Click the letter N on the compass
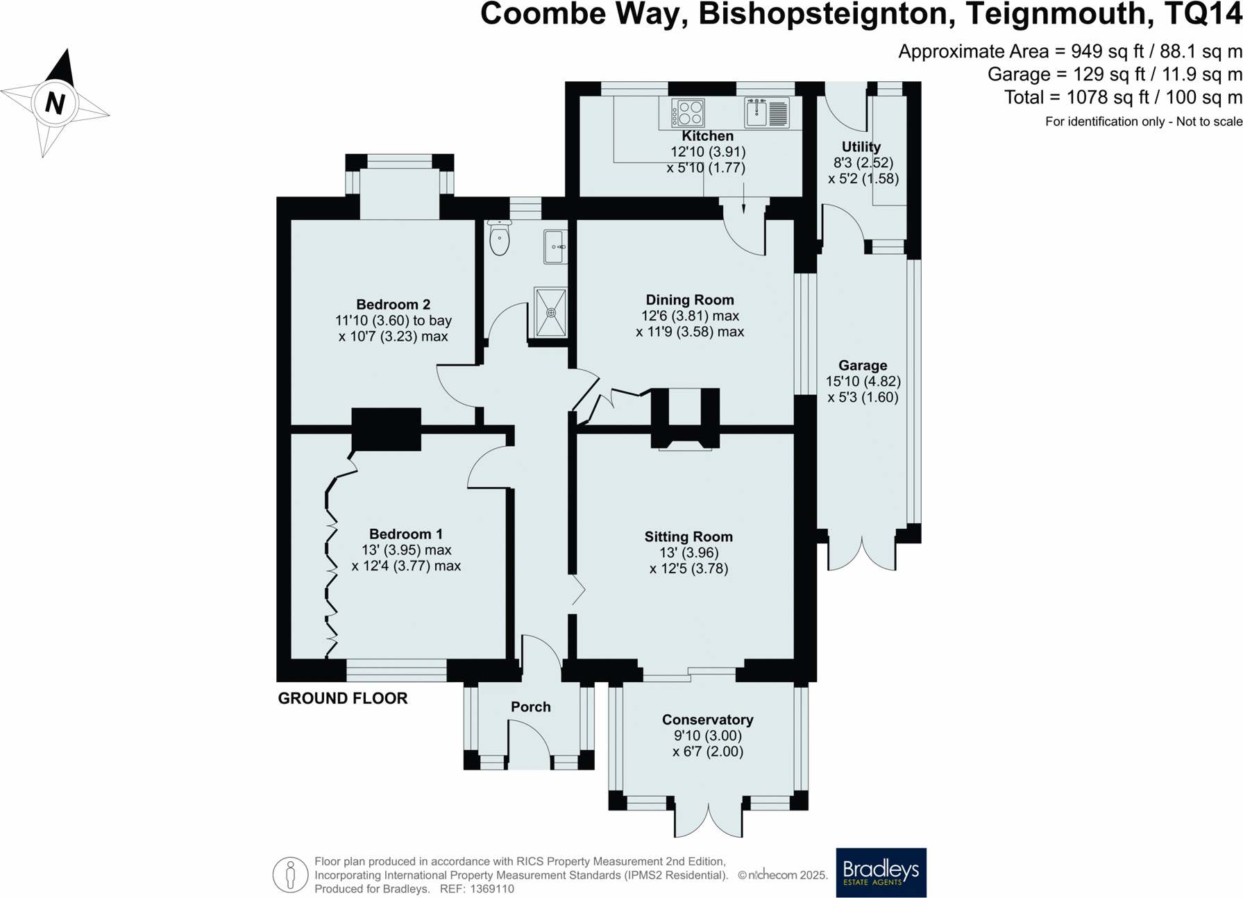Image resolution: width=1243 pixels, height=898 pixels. tap(55, 103)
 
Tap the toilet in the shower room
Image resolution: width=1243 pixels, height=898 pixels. tap(499, 238)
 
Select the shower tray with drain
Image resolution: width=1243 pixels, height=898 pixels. tap(550, 312)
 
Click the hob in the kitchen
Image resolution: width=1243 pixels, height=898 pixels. tap(688, 113)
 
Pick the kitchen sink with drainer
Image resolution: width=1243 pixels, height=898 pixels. tap(767, 113)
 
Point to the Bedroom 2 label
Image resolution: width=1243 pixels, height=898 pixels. tap(393, 304)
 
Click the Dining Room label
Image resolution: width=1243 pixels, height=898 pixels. tap(689, 300)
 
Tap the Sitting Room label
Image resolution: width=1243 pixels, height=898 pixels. tap(688, 536)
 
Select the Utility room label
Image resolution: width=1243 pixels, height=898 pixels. tap(861, 146)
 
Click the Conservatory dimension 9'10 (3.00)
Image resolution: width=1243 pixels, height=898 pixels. tap(707, 736)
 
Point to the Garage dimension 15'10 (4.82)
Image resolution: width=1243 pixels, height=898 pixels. tap(863, 381)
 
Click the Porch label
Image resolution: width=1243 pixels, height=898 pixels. tap(530, 706)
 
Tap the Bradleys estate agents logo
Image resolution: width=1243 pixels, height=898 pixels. tap(880, 872)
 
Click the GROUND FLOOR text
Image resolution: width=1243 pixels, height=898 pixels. tap(342, 698)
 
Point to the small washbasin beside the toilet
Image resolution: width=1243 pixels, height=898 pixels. tap(554, 246)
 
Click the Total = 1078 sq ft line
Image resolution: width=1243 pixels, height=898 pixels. tap(1122, 97)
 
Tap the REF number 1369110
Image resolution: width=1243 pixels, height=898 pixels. tap(491, 889)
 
